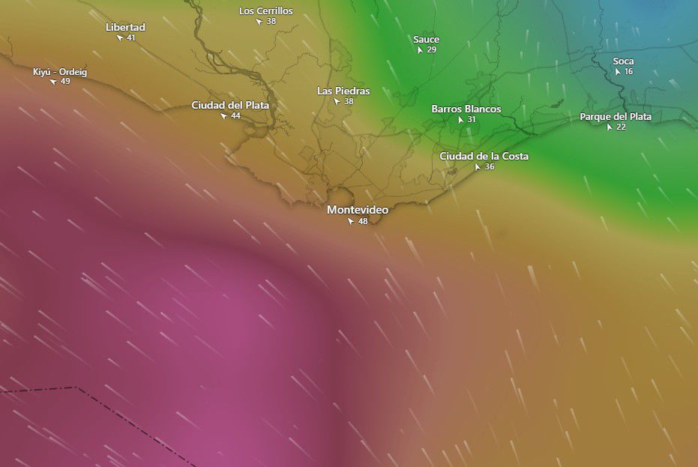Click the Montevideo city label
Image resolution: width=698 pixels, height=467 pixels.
(x=358, y=210)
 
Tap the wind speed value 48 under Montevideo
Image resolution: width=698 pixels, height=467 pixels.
(x=363, y=222)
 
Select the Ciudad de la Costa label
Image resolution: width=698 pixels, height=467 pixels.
(x=484, y=156)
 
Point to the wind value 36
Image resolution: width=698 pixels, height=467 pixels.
(x=490, y=167)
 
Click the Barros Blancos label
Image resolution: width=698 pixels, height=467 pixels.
(x=466, y=109)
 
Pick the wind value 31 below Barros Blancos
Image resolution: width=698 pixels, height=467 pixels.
(x=472, y=120)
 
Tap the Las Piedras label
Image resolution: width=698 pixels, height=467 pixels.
(x=343, y=91)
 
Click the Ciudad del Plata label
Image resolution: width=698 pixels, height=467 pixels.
(x=230, y=105)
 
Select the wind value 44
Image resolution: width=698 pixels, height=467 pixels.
(x=235, y=116)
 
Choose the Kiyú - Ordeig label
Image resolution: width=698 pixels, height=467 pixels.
(x=60, y=72)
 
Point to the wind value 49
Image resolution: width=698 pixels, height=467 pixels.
(x=65, y=82)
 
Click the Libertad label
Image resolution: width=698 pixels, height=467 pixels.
(x=125, y=27)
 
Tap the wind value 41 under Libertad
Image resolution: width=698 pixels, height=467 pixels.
(x=131, y=37)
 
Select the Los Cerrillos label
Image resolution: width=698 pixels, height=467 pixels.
(x=266, y=10)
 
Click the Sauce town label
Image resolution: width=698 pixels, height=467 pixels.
(x=426, y=39)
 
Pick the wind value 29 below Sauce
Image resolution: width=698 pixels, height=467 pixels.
(x=432, y=50)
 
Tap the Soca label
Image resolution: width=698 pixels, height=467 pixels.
(x=623, y=61)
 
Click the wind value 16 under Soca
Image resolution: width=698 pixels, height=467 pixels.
(x=628, y=72)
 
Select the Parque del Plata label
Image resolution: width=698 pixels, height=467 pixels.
(x=616, y=116)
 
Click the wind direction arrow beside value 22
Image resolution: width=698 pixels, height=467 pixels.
(x=610, y=127)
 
